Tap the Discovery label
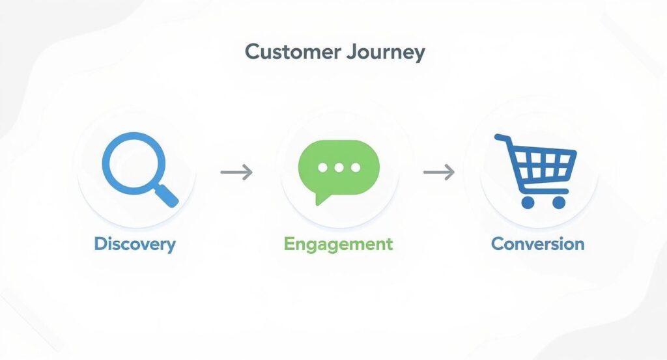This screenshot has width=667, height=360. (x=135, y=244)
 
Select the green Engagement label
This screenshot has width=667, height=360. (x=338, y=245)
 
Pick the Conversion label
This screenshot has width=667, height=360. (x=537, y=244)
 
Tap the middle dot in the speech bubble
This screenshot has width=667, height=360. (x=339, y=167)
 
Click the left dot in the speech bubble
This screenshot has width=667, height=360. (x=322, y=167)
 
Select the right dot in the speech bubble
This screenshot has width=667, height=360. (x=355, y=167)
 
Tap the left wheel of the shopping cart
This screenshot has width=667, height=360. (x=528, y=202)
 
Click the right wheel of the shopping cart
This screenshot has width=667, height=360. (x=559, y=202)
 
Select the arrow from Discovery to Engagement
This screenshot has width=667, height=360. (x=236, y=173)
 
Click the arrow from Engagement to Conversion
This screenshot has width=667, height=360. (x=438, y=173)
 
